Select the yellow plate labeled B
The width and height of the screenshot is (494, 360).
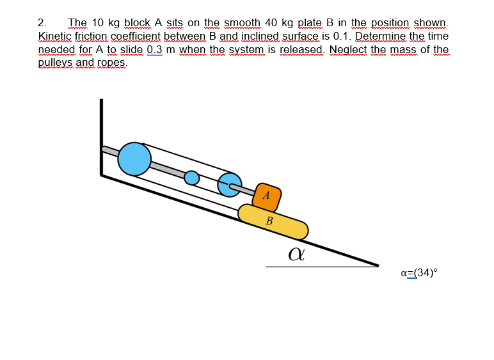pyautogui.click(x=273, y=221)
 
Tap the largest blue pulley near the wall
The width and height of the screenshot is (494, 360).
pyautogui.click(x=134, y=158)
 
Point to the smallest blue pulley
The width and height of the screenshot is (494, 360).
pyautogui.click(x=192, y=177)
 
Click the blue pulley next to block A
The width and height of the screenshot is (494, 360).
pyautogui.click(x=230, y=184)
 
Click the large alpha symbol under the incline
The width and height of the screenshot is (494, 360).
pyautogui.click(x=296, y=254)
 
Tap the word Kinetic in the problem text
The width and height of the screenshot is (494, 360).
pyautogui.click(x=54, y=36)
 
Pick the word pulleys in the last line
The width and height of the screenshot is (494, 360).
pyautogui.click(x=56, y=63)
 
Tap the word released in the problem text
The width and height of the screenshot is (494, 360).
pyautogui.click(x=302, y=50)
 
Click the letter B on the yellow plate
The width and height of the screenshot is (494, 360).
pyautogui.click(x=269, y=221)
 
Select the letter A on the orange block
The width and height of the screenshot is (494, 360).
pyautogui.click(x=266, y=194)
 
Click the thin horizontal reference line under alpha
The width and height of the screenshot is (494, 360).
pyautogui.click(x=320, y=267)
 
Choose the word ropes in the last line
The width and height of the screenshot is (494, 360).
pyautogui.click(x=111, y=63)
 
